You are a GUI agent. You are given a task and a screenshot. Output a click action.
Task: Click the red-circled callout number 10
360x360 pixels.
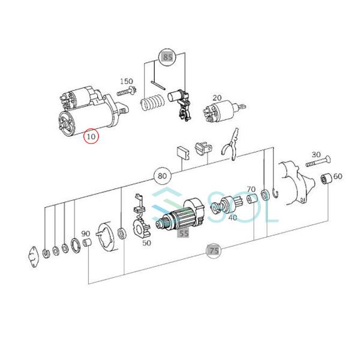click(91, 137)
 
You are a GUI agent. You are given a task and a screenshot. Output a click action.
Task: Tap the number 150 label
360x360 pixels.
click(126, 81)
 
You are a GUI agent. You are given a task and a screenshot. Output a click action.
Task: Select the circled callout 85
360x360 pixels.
click(166, 58)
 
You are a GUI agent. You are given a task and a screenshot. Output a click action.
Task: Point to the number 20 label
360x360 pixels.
click(217, 98)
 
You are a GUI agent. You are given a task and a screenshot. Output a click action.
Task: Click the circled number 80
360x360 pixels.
click(161, 176)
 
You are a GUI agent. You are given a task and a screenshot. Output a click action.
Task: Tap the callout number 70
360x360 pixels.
click(251, 189)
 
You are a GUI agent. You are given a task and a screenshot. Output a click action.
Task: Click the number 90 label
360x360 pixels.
click(86, 233)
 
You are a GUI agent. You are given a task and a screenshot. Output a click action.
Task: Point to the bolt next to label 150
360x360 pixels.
click(126, 93)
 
